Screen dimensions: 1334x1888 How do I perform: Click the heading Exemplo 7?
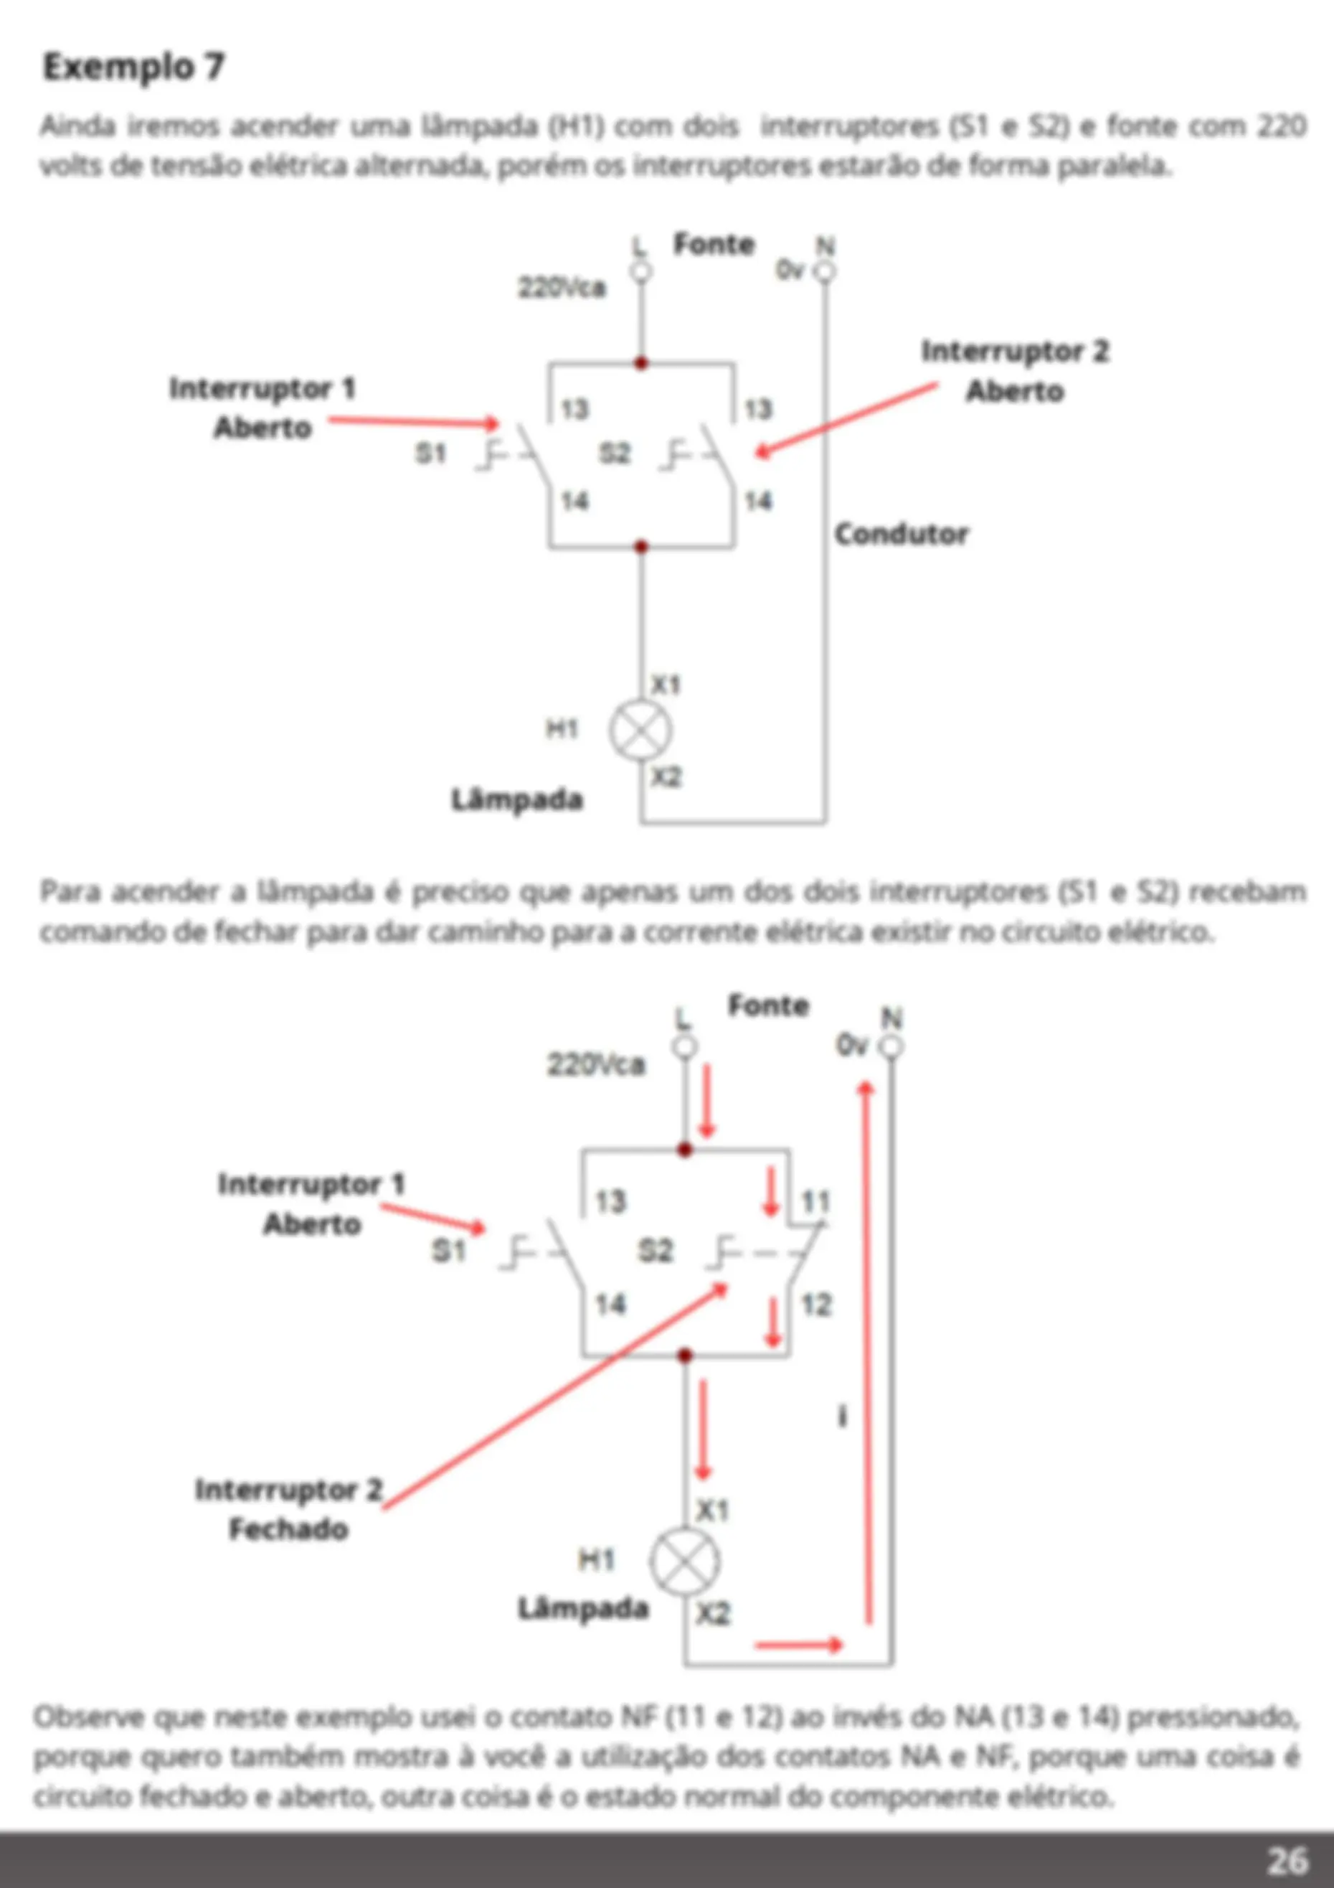[133, 67]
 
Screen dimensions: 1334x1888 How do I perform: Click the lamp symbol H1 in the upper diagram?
[640, 731]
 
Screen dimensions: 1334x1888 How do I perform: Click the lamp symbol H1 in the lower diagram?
[685, 1562]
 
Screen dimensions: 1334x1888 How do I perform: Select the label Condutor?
[902, 535]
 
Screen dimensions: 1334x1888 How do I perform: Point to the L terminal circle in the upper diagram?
[641, 271]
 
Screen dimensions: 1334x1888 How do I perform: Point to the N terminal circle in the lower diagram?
[891, 1047]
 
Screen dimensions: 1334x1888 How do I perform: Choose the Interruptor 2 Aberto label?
[1015, 371]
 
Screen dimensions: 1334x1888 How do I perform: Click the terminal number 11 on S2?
[816, 1203]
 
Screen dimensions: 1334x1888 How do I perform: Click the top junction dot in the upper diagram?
[641, 362]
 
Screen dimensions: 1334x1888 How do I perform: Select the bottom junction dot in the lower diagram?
[685, 1355]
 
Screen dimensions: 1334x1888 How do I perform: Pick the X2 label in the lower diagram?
[713, 1614]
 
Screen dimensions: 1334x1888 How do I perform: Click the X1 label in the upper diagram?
[666, 684]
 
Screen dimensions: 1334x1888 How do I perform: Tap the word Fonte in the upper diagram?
[714, 244]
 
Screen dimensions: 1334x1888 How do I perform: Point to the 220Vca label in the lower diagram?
[597, 1065]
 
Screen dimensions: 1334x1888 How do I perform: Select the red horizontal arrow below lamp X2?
[799, 1645]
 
